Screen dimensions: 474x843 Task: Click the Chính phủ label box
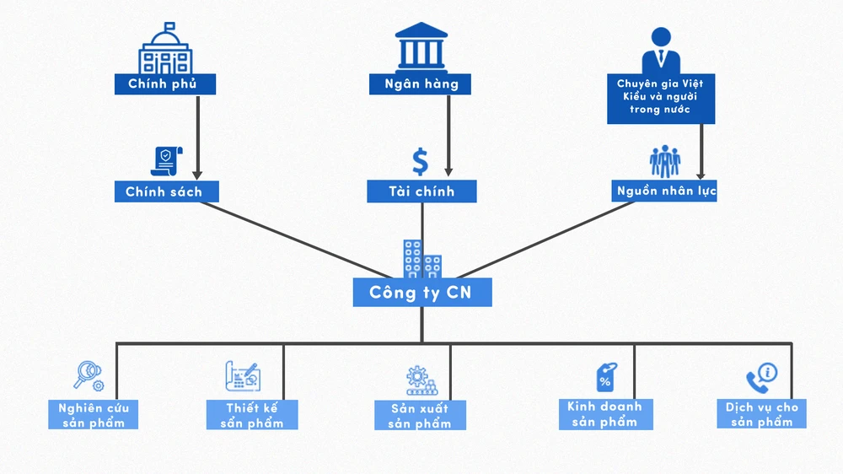tap(165, 83)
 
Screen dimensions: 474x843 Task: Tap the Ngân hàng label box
tap(420, 83)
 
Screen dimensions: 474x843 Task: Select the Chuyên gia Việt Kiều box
tap(660, 98)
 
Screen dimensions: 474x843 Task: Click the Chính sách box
tap(165, 191)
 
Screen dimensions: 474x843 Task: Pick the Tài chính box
tap(421, 191)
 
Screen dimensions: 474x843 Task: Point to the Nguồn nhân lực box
tap(664, 191)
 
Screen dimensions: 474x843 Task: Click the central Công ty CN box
tap(421, 292)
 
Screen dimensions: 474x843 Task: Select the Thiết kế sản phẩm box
tap(251, 415)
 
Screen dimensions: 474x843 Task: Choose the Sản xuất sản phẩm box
tap(418, 415)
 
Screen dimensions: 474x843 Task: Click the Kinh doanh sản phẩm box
tap(604, 413)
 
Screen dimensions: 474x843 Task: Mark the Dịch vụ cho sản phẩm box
tap(761, 414)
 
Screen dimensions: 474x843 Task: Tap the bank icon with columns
tap(420, 46)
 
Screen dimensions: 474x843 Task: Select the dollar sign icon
tap(420, 161)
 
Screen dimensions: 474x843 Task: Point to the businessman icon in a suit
tap(660, 49)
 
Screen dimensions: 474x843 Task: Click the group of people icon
tap(664, 162)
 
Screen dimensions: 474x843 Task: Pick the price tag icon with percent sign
tap(605, 377)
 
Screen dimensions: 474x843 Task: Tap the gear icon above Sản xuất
tap(417, 379)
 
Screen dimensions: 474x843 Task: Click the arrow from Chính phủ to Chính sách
tap(197, 135)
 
